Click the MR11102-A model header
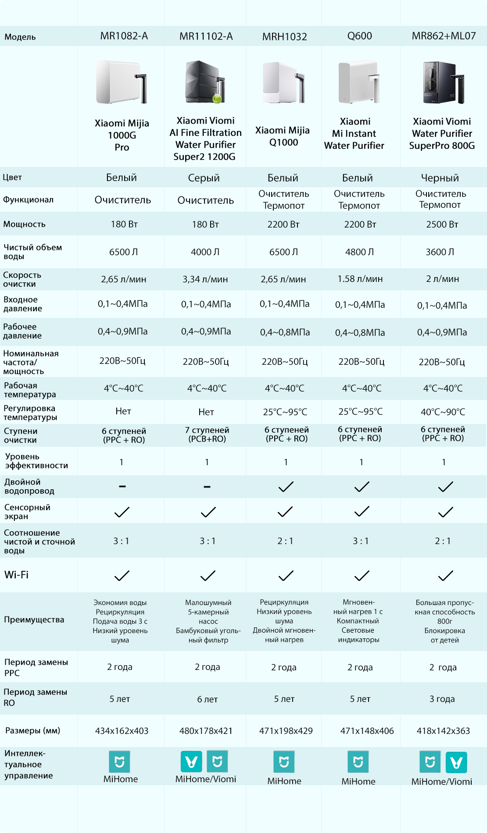pos(206,36)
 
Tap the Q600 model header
pos(359,36)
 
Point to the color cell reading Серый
pos(204,178)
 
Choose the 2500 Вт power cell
pos(442,224)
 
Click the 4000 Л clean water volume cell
pos(205,252)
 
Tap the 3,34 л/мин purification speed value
pos(205,279)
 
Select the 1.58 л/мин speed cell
pos(360,279)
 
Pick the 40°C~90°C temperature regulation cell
pos(443,412)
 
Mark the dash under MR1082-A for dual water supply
pos(122,486)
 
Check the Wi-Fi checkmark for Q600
pos(362,575)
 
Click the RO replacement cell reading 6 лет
pos(207,699)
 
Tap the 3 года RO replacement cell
pos(442,699)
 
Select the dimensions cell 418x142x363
pos(443,731)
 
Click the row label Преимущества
pos(34,620)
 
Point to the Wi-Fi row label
pos(16,575)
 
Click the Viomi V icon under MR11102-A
pos(191,762)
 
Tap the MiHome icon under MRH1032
pos(284,762)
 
